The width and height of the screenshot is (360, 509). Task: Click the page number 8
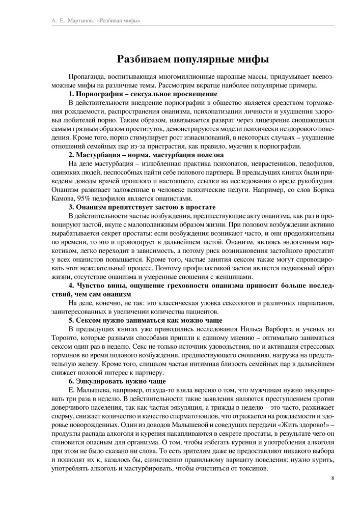[333, 477]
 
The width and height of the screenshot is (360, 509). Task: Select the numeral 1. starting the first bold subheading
[71, 94]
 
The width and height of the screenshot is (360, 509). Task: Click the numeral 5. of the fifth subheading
[71, 321]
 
